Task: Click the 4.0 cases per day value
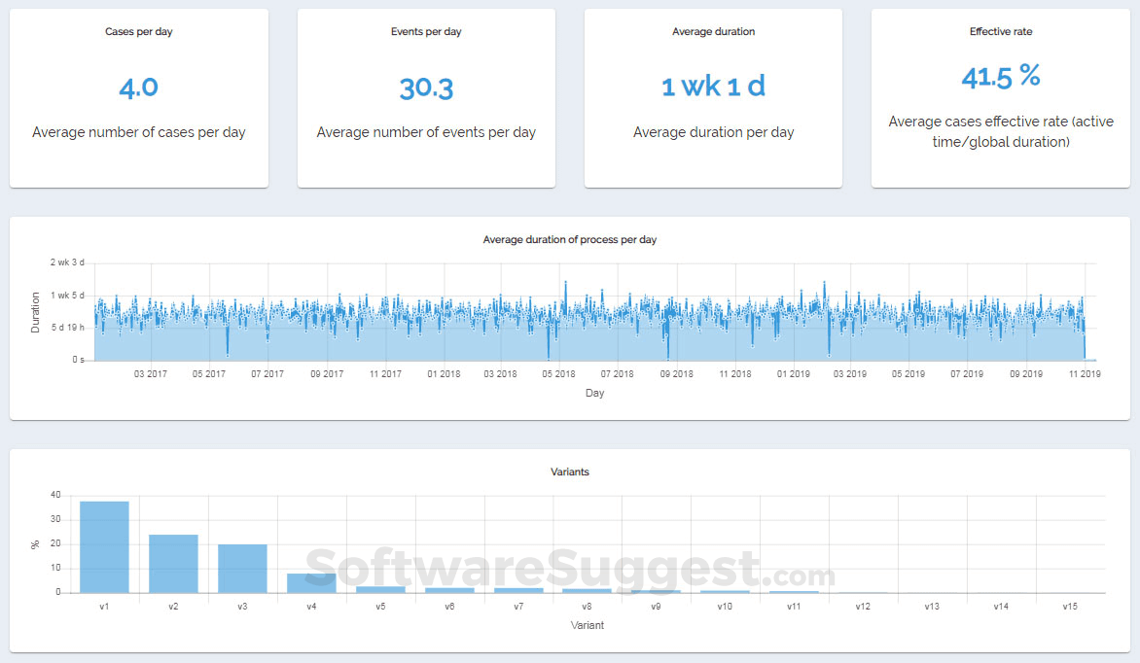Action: point(138,87)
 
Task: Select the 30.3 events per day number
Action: point(426,88)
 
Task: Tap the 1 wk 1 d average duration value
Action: point(713,87)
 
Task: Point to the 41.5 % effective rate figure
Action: point(1001,77)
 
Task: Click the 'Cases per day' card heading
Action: point(138,32)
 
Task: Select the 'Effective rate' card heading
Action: point(1001,32)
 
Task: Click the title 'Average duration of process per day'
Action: point(569,239)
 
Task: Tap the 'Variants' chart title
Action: point(569,472)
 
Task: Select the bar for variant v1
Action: point(104,547)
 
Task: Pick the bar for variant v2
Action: point(173,564)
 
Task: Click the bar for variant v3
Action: point(242,569)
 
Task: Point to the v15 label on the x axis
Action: point(1070,607)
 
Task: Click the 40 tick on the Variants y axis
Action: point(55,495)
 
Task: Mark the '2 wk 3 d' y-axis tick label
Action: point(68,262)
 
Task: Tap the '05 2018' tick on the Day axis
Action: point(559,374)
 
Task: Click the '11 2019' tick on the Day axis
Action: point(1085,374)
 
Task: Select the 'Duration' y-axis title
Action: point(36,312)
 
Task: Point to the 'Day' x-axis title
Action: point(594,394)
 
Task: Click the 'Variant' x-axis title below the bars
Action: point(587,625)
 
